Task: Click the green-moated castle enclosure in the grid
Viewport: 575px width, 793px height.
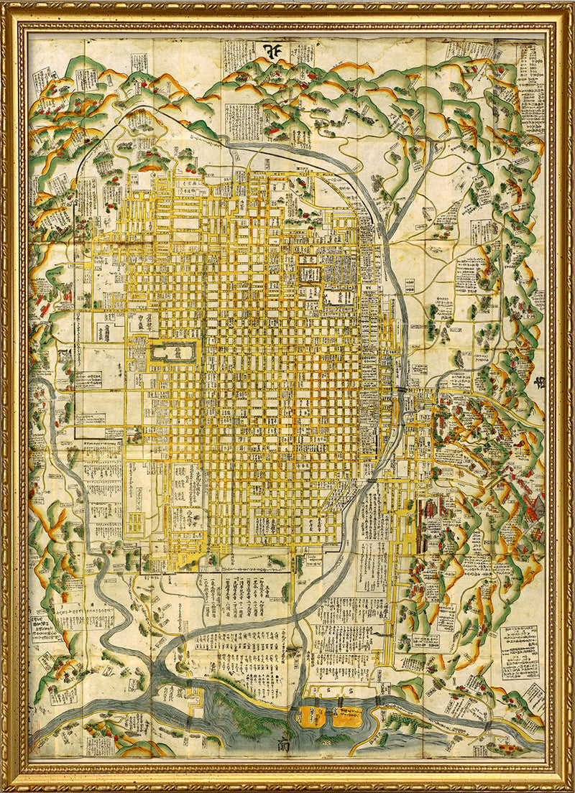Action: [173, 354]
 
